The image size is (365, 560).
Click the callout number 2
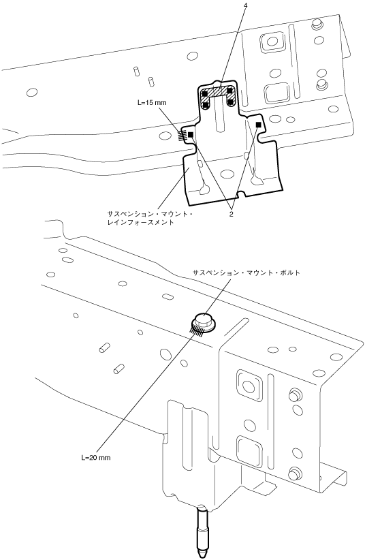click(232, 215)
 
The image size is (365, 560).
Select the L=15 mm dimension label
click(152, 102)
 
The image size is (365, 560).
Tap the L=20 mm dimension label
click(96, 458)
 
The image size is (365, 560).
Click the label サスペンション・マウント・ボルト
click(247, 273)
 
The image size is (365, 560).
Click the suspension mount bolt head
click(204, 320)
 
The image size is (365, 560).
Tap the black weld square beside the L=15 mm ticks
click(191, 134)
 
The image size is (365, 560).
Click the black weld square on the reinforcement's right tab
click(259, 124)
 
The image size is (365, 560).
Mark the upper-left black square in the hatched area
click(206, 93)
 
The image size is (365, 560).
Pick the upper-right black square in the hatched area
click(229, 91)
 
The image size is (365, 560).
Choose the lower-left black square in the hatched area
click(206, 105)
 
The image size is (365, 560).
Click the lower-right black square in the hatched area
click(231, 102)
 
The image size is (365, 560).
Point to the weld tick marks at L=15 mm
click(182, 135)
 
